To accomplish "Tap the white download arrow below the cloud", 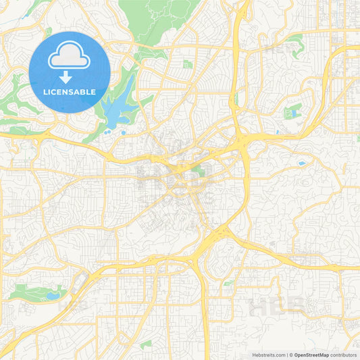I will click(x=70, y=77).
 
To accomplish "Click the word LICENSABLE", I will click(x=70, y=91).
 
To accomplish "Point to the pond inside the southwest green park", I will click(x=53, y=295).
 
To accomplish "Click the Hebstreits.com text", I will click(x=267, y=355).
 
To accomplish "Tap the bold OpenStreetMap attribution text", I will click(x=311, y=355).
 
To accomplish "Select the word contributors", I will click(x=344, y=355).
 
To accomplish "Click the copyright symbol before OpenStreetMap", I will click(x=291, y=355).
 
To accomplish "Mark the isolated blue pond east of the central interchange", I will click(x=301, y=163).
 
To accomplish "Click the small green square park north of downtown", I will click(x=188, y=64).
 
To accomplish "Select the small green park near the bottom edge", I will click(x=146, y=344).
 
